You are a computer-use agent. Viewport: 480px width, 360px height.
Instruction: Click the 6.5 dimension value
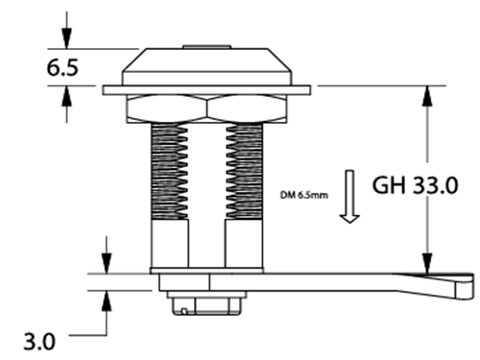pos(62,68)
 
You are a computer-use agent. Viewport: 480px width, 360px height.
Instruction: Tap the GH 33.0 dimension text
pos(415,185)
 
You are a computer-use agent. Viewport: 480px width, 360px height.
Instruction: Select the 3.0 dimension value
pos(39,342)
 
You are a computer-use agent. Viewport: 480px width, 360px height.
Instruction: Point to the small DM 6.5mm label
pos(304,195)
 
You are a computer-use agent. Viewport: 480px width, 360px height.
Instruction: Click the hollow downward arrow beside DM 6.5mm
pos(349,196)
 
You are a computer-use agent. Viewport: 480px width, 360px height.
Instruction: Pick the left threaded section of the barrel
pos(169,172)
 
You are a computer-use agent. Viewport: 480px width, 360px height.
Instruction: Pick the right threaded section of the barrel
pos(245,172)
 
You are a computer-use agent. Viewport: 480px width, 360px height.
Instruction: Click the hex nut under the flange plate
pos(206,108)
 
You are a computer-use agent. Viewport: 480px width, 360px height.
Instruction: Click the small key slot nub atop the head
pos(206,47)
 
